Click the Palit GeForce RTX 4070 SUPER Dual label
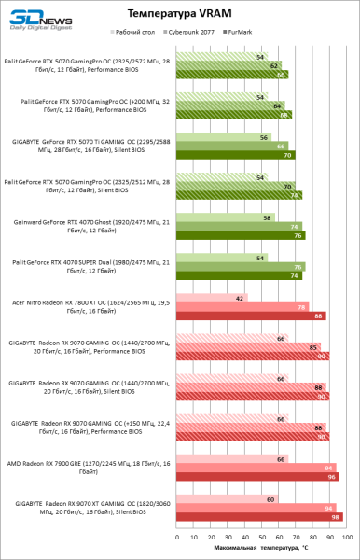click(x=87, y=266)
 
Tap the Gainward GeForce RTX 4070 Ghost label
click(x=87, y=226)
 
